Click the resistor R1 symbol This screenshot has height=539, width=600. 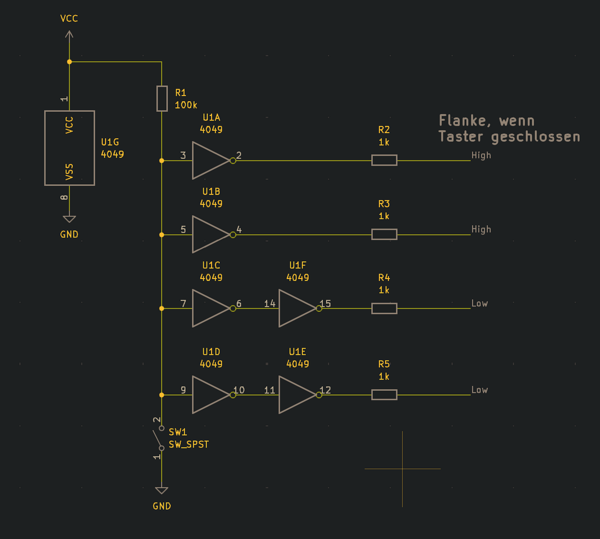(162, 98)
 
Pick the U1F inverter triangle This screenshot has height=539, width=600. (296, 309)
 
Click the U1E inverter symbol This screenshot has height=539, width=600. (296, 395)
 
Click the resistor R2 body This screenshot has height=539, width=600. (384, 161)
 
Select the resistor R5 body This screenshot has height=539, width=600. (384, 395)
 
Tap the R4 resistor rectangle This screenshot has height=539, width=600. (384, 309)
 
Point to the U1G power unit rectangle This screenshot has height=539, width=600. (70, 148)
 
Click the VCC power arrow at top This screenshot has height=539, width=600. (69, 35)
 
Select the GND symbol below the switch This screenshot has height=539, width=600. (162, 491)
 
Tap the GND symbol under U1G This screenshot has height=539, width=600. (69, 219)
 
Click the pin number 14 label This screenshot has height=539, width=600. (270, 304)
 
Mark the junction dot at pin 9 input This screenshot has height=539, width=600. (162, 395)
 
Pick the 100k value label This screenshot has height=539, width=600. (186, 105)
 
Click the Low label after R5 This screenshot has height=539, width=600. (479, 390)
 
